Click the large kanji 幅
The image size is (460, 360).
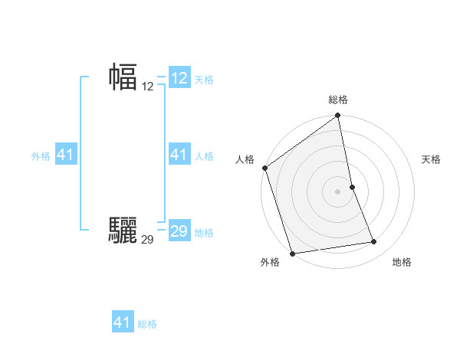click(x=123, y=77)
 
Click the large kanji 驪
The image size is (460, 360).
click(x=123, y=228)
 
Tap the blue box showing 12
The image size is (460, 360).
click(x=179, y=78)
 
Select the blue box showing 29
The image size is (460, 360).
click(x=179, y=231)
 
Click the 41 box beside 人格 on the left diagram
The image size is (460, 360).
click(x=179, y=155)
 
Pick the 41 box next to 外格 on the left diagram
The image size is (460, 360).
click(x=66, y=155)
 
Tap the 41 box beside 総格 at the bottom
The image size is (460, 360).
click(x=123, y=322)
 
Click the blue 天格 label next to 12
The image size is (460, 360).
click(x=204, y=79)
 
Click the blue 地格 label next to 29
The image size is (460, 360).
click(x=204, y=232)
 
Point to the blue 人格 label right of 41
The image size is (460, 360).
click(x=204, y=155)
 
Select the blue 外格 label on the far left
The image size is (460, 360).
click(x=41, y=155)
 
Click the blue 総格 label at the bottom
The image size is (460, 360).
click(x=147, y=323)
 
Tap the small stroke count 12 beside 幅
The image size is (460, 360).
click(x=148, y=87)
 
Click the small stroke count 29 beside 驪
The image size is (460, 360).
click(x=148, y=240)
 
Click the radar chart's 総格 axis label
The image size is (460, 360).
click(x=338, y=99)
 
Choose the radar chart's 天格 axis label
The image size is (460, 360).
click(x=431, y=159)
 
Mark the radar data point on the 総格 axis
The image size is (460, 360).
click(x=338, y=116)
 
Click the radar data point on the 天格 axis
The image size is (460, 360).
click(x=352, y=187)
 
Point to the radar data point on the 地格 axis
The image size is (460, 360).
click(x=374, y=242)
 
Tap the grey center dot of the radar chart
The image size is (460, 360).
click(x=338, y=191)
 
